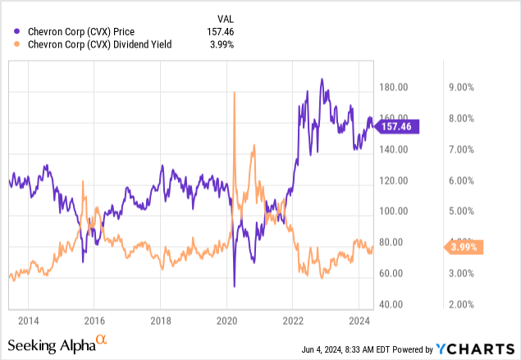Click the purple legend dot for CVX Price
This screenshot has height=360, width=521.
pyautogui.click(x=10, y=32)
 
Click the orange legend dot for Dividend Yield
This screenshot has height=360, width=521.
pyautogui.click(x=10, y=45)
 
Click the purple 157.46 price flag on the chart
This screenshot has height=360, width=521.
pyautogui.click(x=399, y=126)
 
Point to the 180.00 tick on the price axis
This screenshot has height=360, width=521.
pyautogui.click(x=395, y=87)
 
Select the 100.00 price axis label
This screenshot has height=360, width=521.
pyautogui.click(x=395, y=211)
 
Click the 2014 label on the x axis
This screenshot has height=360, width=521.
pyautogui.click(x=28, y=320)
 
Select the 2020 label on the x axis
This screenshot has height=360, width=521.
pyautogui.click(x=227, y=320)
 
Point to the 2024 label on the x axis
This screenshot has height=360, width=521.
pyautogui.click(x=359, y=320)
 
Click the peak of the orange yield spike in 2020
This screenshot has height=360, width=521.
pyautogui.click(x=235, y=92)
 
